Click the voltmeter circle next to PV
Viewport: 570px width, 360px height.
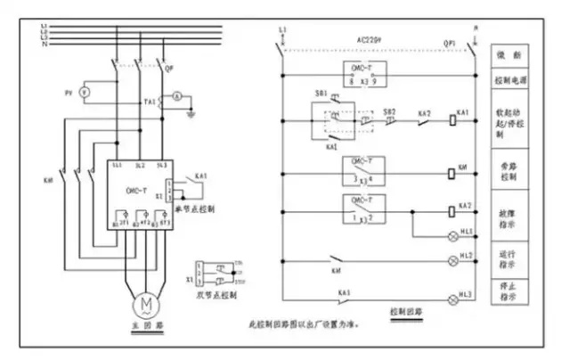[85, 92]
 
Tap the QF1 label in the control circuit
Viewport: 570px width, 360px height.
[449, 41]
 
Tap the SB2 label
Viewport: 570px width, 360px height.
[388, 113]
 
